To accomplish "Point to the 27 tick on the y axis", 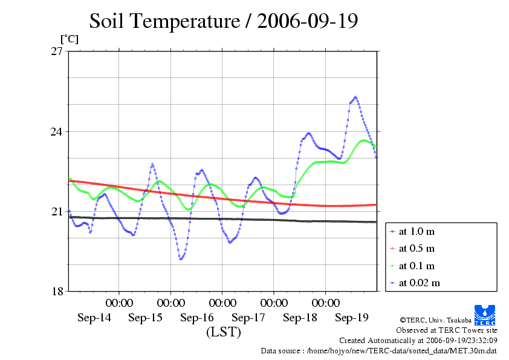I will pyautogui.click(x=56, y=51).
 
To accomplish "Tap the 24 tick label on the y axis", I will pyautogui.click(x=56, y=131).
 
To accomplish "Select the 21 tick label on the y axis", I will pyautogui.click(x=56, y=211).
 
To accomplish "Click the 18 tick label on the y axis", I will pyautogui.click(x=56, y=291).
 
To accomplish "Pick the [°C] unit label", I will pyautogui.click(x=68, y=39).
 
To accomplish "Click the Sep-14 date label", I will pyautogui.click(x=94, y=318).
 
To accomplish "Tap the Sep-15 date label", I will pyautogui.click(x=145, y=318).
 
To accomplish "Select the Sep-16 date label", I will pyautogui.click(x=197, y=318).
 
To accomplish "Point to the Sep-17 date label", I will pyautogui.click(x=248, y=318).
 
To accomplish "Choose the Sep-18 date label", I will pyautogui.click(x=300, y=318).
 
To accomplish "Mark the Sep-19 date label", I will pyautogui.click(x=352, y=318).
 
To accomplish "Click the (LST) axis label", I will pyautogui.click(x=224, y=332).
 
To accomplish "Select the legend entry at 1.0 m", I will pyautogui.click(x=417, y=231).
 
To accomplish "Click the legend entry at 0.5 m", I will pyautogui.click(x=417, y=248).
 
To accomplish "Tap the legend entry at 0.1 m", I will pyautogui.click(x=417, y=266).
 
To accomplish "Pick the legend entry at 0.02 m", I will pyautogui.click(x=419, y=283).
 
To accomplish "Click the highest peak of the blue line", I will pyautogui.click(x=355, y=97).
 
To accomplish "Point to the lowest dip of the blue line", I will pyautogui.click(x=181, y=259).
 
